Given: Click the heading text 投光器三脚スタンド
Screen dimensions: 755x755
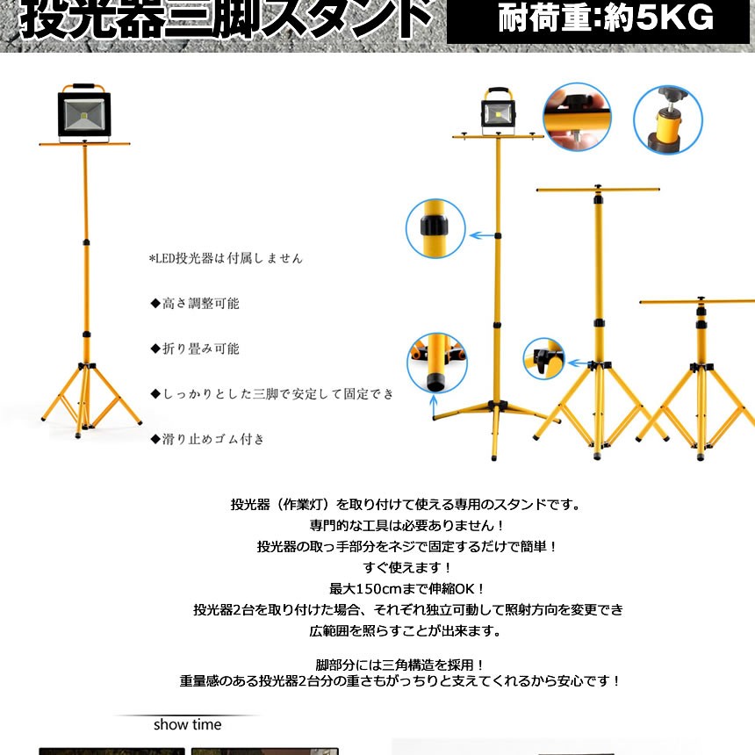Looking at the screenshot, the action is pyautogui.click(x=225, y=19).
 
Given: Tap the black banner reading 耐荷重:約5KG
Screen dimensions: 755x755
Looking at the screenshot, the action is pyautogui.click(x=605, y=19).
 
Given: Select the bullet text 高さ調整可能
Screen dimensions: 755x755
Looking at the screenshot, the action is pyautogui.click(x=195, y=304).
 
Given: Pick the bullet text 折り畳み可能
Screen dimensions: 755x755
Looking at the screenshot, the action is pyautogui.click(x=195, y=349).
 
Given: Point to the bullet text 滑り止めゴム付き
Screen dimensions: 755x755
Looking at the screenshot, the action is pyautogui.click(x=207, y=439).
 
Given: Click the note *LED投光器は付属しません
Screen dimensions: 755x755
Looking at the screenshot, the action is pyautogui.click(x=226, y=259).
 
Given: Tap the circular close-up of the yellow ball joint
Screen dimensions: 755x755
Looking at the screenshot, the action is pyautogui.click(x=668, y=120).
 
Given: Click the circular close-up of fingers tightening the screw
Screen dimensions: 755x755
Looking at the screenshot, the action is pyautogui.click(x=577, y=118).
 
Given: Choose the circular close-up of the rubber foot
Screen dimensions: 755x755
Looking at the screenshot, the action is pyautogui.click(x=436, y=362).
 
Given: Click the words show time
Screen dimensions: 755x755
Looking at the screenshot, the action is pyautogui.click(x=188, y=725).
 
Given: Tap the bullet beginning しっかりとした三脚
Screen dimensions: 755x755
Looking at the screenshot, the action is pyautogui.click(x=272, y=393).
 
